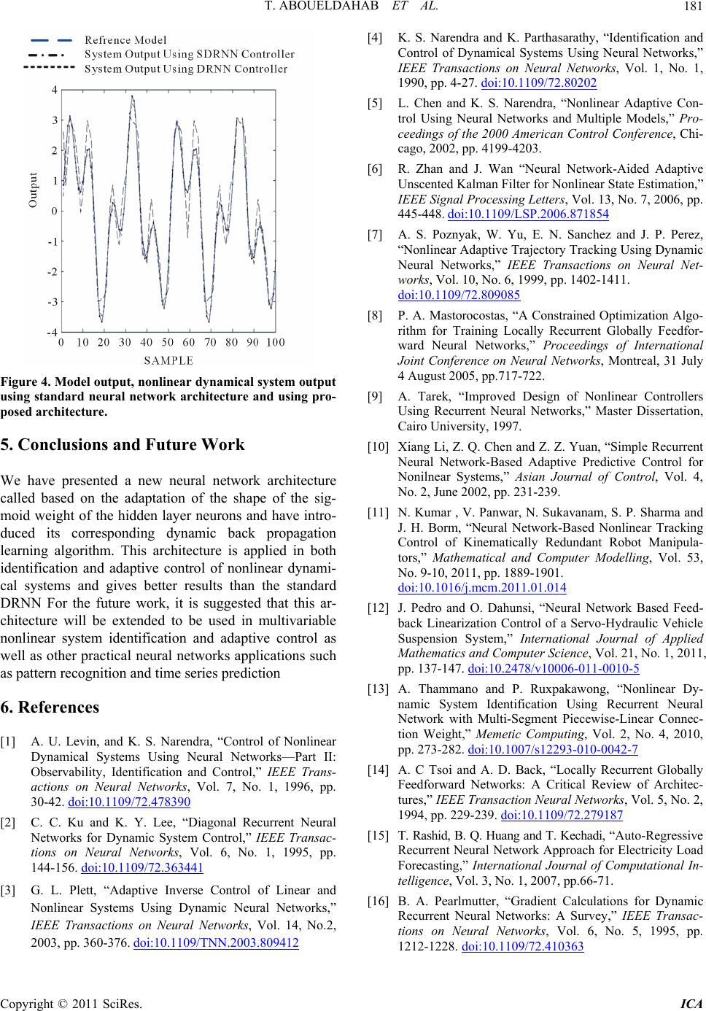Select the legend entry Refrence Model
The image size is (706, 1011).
125,39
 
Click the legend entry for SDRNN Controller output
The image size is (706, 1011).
190,54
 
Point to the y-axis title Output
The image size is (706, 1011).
33,190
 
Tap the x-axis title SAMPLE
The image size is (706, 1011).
168,360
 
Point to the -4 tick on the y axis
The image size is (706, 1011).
52,332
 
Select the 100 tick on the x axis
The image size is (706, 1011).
275,342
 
